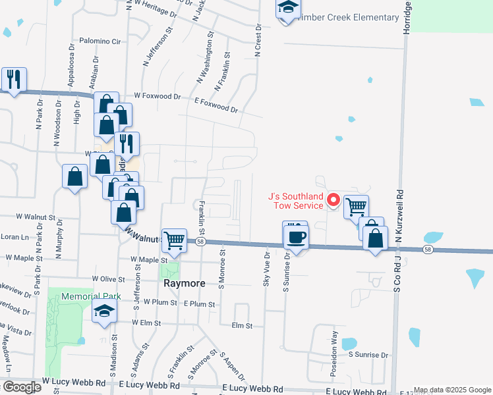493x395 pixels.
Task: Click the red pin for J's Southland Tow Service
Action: click(x=333, y=199)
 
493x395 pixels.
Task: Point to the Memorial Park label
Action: click(x=91, y=296)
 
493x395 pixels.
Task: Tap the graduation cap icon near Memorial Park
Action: click(x=104, y=312)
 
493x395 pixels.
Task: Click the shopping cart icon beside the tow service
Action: click(x=356, y=207)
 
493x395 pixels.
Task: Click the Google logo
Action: click(x=21, y=387)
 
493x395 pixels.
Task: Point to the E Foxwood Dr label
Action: click(x=216, y=104)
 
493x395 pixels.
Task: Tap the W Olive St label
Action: click(x=109, y=280)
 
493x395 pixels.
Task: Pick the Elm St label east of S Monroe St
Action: click(x=243, y=325)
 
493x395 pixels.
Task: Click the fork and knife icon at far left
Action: click(x=14, y=80)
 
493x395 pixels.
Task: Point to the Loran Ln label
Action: click(x=15, y=236)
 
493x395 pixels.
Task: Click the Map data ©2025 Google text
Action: click(x=452, y=390)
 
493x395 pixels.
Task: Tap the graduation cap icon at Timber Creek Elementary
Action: click(x=288, y=9)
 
